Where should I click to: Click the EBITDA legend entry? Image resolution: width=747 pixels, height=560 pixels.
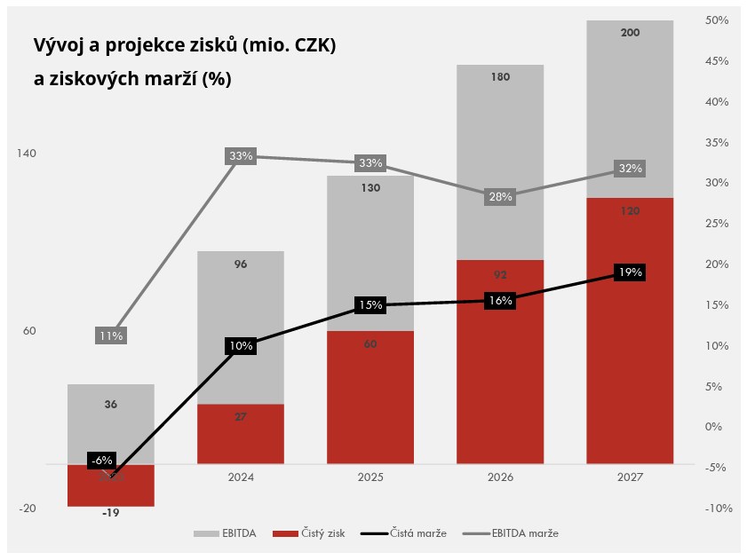[x=226, y=533]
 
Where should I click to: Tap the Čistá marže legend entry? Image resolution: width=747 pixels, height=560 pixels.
[x=409, y=533]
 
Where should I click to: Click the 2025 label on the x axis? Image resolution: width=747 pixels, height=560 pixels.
[x=370, y=477]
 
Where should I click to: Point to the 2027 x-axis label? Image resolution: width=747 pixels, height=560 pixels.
[x=630, y=477]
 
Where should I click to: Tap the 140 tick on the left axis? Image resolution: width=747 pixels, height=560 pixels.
[x=27, y=154]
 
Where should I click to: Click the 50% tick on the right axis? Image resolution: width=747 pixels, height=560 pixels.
[x=716, y=20]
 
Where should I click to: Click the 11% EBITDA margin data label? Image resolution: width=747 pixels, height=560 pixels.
[x=111, y=336]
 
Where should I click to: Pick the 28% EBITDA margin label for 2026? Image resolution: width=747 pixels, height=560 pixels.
[x=500, y=197]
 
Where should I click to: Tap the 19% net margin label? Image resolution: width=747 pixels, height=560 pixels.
[x=630, y=272]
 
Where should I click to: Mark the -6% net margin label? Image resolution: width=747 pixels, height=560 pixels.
[x=101, y=461]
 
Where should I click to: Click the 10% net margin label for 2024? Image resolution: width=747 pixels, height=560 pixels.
[x=241, y=346]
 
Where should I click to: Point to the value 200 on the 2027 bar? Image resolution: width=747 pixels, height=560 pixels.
[x=630, y=33]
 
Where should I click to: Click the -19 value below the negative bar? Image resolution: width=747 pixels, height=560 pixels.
[x=111, y=513]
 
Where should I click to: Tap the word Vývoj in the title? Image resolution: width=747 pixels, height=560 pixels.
[x=60, y=45]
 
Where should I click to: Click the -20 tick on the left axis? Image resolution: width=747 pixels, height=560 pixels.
[x=27, y=509]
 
